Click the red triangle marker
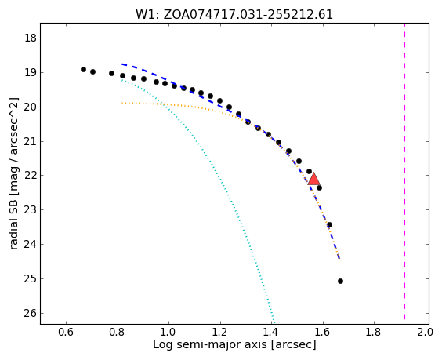click(x=313, y=180)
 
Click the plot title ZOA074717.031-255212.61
click(x=248, y=15)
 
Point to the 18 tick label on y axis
click(x=31, y=38)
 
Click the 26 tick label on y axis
click(x=31, y=313)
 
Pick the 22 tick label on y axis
click(x=31, y=176)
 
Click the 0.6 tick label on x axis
click(x=66, y=332)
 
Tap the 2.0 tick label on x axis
click(x=425, y=332)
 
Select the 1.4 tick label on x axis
click(x=271, y=332)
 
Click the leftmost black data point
click(x=83, y=69)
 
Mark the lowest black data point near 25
click(x=341, y=281)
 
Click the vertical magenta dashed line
click(x=405, y=172)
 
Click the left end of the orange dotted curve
click(x=122, y=104)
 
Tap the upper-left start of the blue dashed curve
click(x=122, y=64)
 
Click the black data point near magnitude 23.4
click(x=329, y=225)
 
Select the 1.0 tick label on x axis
click(x=168, y=332)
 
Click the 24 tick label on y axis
click(x=31, y=245)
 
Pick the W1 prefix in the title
click(x=146, y=15)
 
